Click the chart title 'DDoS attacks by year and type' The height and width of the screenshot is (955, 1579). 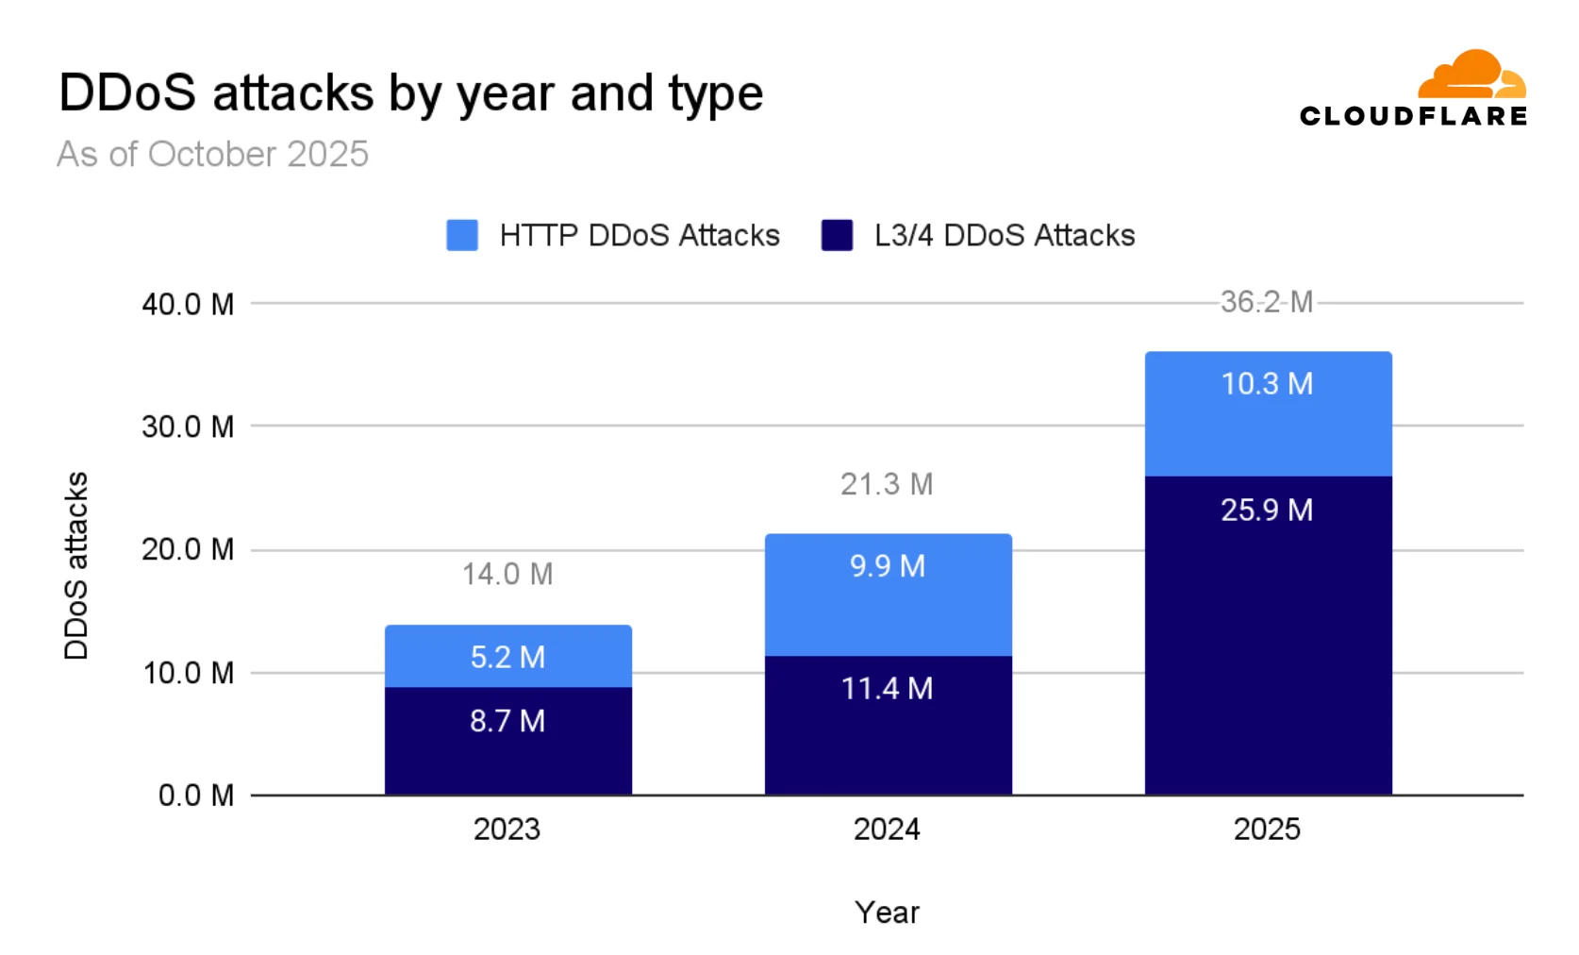pos(410,94)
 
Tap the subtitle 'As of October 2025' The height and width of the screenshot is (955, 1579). pos(213,154)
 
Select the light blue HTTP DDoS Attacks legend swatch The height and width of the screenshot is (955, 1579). pos(462,235)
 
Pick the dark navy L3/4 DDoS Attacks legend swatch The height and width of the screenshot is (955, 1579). pos(837,235)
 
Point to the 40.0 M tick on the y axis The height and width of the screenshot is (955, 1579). pos(188,305)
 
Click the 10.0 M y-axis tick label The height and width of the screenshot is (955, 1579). pos(188,673)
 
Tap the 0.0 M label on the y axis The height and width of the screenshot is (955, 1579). pos(195,796)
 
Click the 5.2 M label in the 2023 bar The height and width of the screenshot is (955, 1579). pos(507,657)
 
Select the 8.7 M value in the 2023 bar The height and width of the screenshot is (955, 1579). pos(507,721)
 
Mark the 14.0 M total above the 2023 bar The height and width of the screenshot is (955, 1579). pos(507,574)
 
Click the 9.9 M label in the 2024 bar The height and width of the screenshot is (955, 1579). pos(888,566)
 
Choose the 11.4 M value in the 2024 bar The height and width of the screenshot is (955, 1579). pos(888,688)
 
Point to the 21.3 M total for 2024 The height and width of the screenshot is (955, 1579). pos(888,484)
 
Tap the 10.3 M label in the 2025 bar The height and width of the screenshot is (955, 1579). pos(1267,384)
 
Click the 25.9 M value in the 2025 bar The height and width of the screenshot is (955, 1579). pos(1267,510)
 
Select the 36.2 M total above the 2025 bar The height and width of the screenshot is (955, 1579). pos(1267,302)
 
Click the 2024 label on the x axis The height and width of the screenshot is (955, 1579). pos(887,829)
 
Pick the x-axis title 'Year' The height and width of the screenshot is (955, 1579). pos(887,912)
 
